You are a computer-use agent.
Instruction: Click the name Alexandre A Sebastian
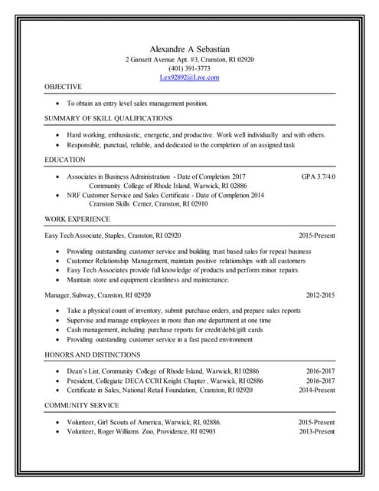pyautogui.click(x=189, y=48)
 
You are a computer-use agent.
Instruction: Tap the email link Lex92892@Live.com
pyautogui.click(x=189, y=77)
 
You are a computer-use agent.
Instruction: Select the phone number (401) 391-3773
pyautogui.click(x=189, y=68)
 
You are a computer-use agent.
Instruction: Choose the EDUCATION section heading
pyautogui.click(x=65, y=160)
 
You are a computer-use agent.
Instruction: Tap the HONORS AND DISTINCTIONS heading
pyautogui.click(x=92, y=354)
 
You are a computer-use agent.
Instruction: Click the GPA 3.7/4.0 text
pyautogui.click(x=318, y=176)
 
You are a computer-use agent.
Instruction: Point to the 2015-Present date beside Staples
pyautogui.click(x=316, y=235)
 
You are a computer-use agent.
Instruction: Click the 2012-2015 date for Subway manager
pyautogui.click(x=320, y=295)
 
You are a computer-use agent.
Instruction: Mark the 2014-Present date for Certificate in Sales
pyautogui.click(x=316, y=390)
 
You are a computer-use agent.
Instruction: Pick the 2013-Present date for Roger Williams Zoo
pyautogui.click(x=316, y=431)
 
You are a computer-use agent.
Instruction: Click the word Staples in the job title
pyautogui.click(x=113, y=235)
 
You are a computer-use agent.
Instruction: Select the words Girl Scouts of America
pyautogui.click(x=133, y=422)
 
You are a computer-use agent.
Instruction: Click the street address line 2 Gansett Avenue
pyautogui.click(x=189, y=59)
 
